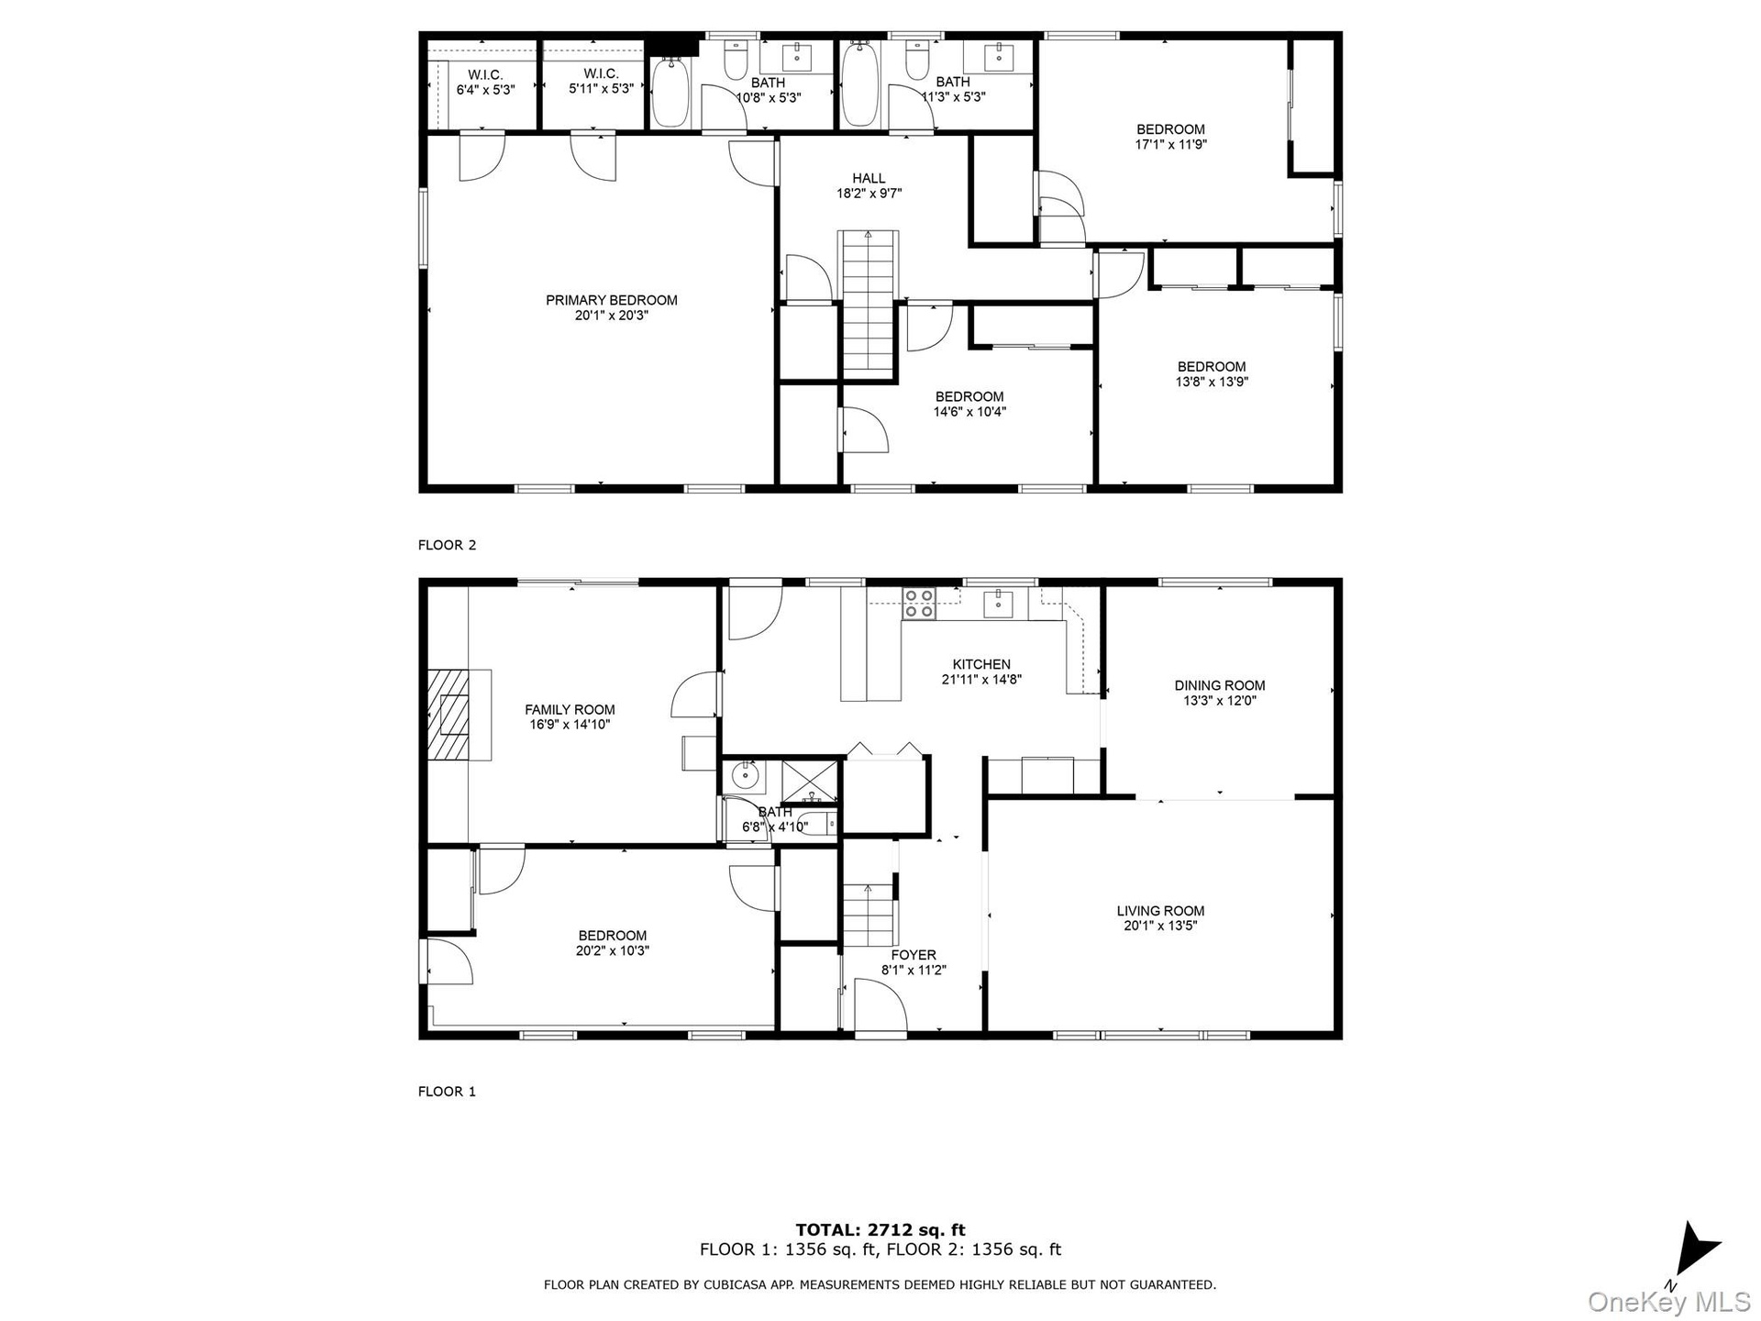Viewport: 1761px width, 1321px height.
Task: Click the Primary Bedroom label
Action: point(611,300)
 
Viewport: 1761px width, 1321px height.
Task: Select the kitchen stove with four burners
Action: point(918,604)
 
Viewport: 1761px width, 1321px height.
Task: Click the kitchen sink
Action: point(998,605)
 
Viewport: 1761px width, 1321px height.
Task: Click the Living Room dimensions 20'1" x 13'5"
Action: point(1160,926)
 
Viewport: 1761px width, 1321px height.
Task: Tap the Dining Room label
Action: point(1219,685)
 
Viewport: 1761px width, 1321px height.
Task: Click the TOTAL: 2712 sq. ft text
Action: point(880,1230)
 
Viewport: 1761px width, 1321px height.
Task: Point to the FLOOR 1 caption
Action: point(447,1092)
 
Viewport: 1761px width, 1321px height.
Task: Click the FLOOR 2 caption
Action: point(447,545)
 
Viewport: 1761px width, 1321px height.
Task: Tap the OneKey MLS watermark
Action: point(1668,1302)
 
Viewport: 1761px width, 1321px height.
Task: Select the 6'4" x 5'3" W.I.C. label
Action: point(485,83)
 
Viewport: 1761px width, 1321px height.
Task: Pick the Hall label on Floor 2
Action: point(869,178)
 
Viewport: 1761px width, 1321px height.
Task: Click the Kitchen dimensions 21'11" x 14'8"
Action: point(981,680)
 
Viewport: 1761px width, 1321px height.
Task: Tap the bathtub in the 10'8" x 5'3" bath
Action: point(670,93)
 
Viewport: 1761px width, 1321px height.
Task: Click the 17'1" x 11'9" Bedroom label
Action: point(1170,137)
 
